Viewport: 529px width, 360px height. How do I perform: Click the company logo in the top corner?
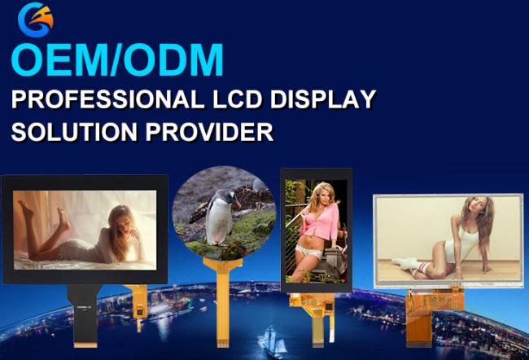coord(36,20)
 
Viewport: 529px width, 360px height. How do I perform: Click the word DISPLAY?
coord(323,99)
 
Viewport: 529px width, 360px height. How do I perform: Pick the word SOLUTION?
coord(74,132)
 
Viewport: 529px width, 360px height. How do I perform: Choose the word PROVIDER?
coord(209,132)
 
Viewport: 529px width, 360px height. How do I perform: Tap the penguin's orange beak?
coord(238,204)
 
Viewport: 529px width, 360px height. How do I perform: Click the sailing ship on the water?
coord(272,341)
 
